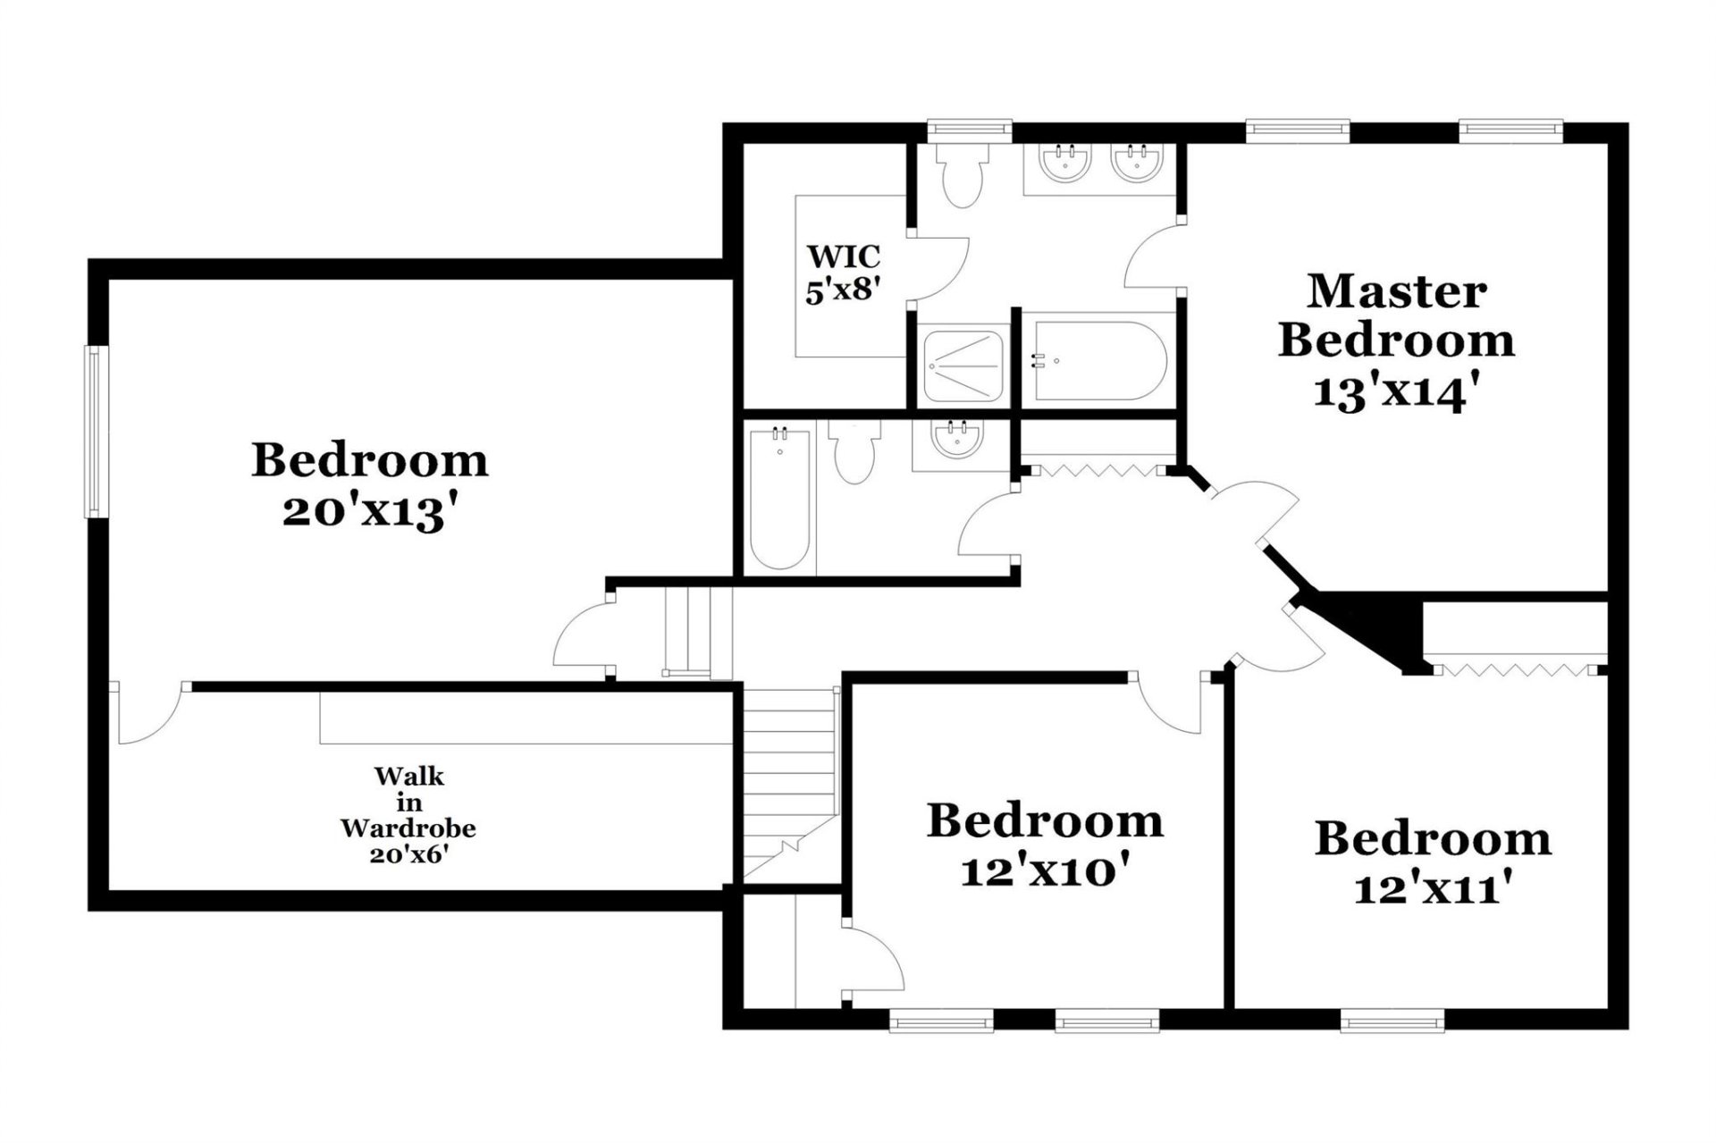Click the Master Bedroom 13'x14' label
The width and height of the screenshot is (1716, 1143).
tap(1395, 340)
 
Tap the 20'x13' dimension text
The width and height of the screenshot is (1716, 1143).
tap(375, 513)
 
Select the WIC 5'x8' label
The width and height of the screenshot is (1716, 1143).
tap(843, 273)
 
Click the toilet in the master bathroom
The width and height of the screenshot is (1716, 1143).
tap(962, 176)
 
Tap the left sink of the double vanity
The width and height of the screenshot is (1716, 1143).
tap(1065, 164)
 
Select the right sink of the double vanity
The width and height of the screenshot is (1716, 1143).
tap(1138, 164)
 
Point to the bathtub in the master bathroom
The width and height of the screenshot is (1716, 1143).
tap(1099, 361)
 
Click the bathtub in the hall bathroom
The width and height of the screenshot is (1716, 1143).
tap(780, 499)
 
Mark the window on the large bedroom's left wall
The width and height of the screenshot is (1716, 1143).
tap(95, 432)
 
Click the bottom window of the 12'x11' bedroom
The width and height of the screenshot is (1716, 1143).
tap(1392, 1020)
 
